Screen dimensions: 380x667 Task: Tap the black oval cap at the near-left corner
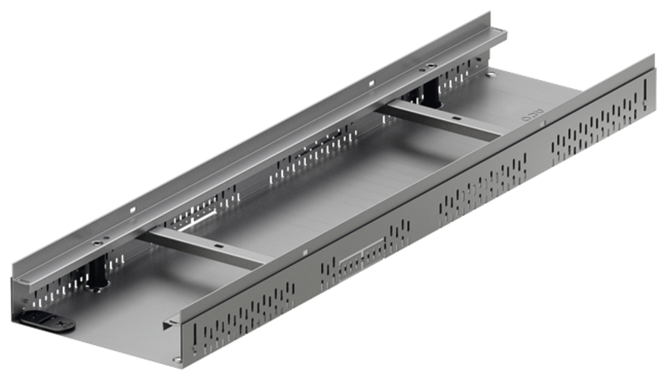click(x=48, y=319)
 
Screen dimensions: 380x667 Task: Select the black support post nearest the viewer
click(x=97, y=273)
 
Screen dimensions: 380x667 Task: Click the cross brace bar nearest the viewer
click(x=201, y=247)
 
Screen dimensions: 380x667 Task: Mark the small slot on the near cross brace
click(x=218, y=246)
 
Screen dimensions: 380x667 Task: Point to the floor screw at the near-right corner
click(x=176, y=359)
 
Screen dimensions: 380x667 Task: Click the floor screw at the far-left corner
click(x=491, y=74)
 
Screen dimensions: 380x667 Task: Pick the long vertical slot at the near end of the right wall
click(x=193, y=335)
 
